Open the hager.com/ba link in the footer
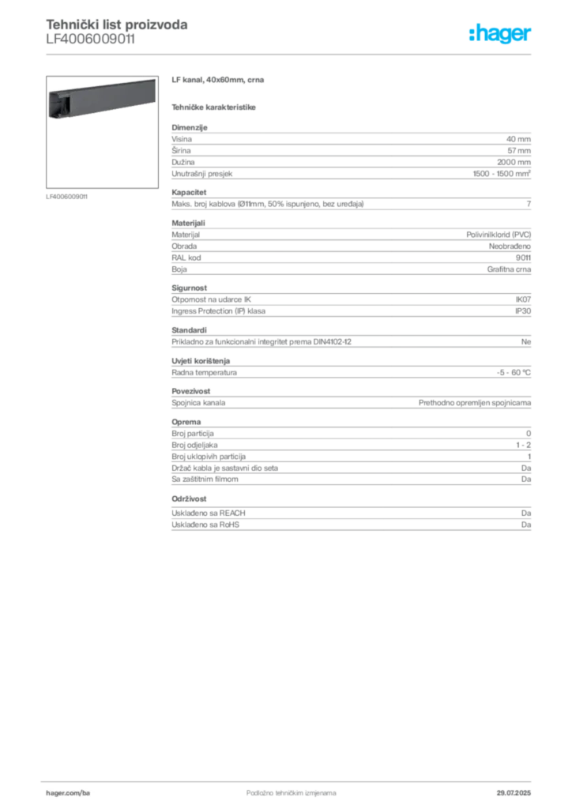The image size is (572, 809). (77, 790)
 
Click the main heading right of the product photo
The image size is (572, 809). (217, 81)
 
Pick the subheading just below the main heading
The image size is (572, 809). (215, 106)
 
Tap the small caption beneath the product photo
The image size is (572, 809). (66, 196)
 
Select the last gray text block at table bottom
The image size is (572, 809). (350, 521)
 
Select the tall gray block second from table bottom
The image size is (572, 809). (350, 455)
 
